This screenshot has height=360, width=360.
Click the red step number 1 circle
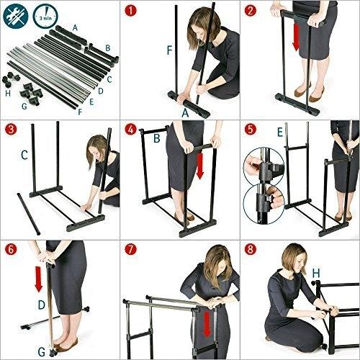point(130,11)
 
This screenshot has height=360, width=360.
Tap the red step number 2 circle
point(251,11)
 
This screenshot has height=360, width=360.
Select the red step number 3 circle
point(11,130)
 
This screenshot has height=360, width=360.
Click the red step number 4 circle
point(130,130)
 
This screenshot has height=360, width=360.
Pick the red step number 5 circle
point(251,130)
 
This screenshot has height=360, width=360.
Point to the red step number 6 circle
point(11,250)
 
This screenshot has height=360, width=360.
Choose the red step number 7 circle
point(130,250)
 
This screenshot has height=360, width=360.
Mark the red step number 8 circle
point(251,250)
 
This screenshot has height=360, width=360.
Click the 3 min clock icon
point(45,16)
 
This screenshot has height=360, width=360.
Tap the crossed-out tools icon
point(16,16)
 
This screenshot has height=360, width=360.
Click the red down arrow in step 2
point(296,37)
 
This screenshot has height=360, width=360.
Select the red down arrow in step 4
point(199,166)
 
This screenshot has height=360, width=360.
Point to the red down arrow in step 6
point(39,279)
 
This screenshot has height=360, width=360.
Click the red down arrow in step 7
point(207,324)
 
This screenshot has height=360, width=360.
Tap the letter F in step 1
point(169,50)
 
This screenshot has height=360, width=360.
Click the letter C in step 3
point(24,155)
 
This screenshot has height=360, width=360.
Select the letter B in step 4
point(157,138)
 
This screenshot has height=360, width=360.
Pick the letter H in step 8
point(316,273)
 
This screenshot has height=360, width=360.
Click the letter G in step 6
point(42,352)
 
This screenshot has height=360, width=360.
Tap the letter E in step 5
point(280,132)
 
